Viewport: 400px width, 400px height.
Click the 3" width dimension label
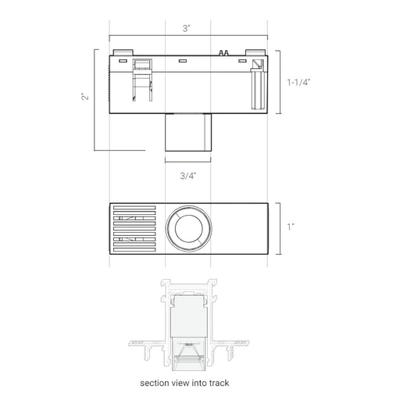point(186,28)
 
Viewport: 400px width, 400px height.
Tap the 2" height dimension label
point(85,97)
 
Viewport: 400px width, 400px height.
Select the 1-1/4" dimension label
point(299,83)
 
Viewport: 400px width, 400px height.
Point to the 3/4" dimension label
point(188,176)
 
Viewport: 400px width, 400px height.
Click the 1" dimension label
point(291,227)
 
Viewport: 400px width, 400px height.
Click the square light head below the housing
point(188,132)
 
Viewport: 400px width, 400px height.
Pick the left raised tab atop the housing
point(123,52)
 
